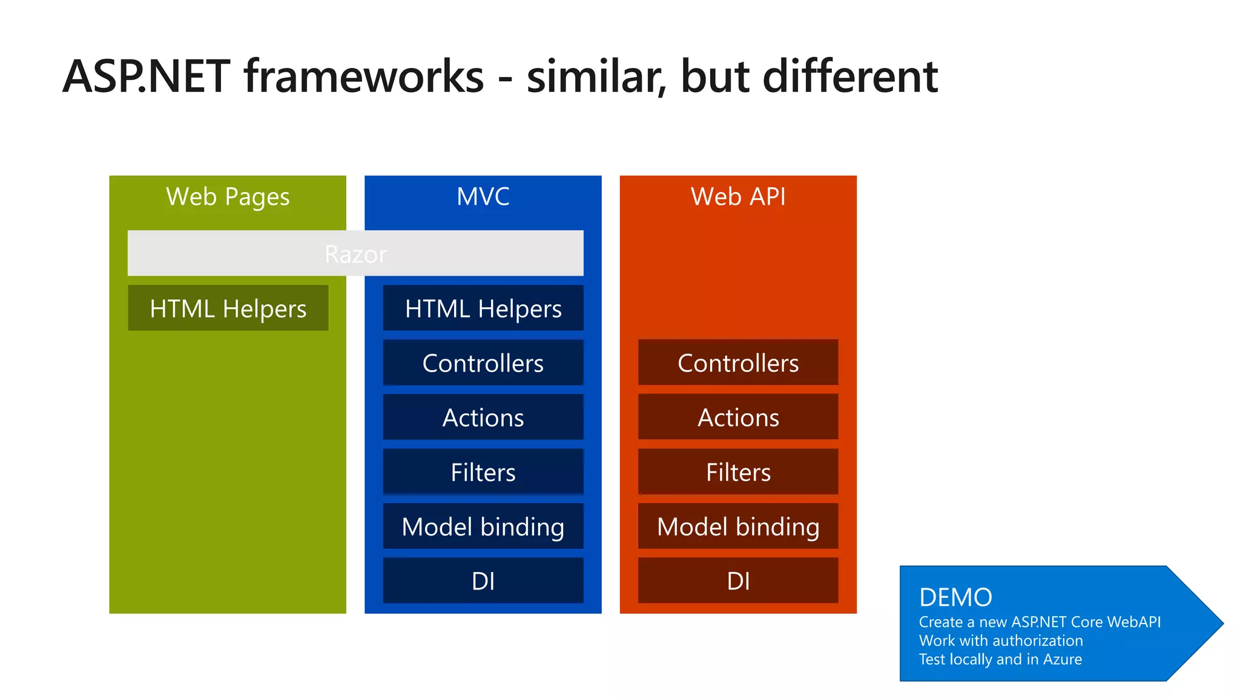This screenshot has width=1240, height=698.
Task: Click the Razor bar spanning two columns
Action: pos(355,253)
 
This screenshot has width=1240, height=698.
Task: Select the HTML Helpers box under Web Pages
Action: pos(228,308)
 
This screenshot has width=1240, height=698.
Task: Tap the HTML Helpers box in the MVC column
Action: pos(483,308)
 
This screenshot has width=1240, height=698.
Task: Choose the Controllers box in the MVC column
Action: pos(483,363)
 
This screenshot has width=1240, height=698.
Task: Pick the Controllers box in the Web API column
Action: pos(738,363)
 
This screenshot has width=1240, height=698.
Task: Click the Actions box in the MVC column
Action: pos(483,417)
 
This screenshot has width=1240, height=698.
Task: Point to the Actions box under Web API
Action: pos(738,417)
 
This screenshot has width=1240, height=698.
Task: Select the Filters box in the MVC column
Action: pos(483,472)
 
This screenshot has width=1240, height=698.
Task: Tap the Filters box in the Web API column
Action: pos(738,472)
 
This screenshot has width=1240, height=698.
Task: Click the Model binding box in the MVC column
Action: pos(483,527)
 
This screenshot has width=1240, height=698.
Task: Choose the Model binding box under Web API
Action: pos(738,527)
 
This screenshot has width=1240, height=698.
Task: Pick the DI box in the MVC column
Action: pos(483,581)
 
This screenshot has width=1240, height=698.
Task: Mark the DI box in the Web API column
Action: pos(738,581)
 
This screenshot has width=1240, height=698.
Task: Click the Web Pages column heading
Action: pos(228,197)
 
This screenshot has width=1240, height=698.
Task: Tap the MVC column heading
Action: pos(483,197)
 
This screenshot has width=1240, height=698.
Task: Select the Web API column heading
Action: pos(738,197)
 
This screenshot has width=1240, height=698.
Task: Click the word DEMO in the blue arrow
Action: pos(955,597)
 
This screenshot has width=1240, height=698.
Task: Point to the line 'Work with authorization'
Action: pos(1001,640)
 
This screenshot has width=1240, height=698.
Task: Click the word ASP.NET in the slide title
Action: pos(147,77)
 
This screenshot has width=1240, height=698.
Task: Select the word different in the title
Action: pos(850,77)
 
